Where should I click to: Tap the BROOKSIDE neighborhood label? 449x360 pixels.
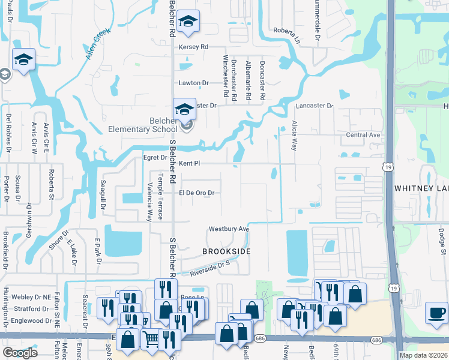226,251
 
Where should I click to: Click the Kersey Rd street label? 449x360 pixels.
193,47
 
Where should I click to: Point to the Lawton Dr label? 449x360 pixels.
193,83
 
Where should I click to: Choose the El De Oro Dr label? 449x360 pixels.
196,193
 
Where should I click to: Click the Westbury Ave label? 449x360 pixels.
229,229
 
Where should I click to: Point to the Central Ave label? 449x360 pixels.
363,135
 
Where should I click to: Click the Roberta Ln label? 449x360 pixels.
288,31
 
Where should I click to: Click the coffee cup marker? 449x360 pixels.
436,313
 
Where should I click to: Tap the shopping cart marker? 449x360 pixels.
151,340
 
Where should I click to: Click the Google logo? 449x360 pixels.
20,352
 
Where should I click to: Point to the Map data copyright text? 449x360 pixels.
423,355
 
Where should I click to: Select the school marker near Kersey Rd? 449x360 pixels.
188,22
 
